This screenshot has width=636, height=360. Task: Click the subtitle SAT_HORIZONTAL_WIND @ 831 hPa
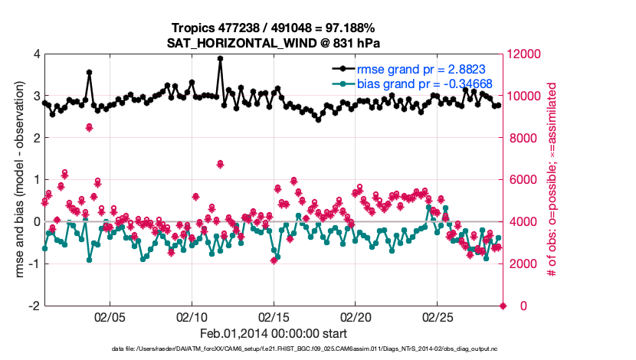[274, 43]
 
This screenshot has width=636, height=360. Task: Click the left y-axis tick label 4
[36, 54]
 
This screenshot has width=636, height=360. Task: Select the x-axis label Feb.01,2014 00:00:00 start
[274, 334]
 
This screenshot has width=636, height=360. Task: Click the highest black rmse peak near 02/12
[220, 58]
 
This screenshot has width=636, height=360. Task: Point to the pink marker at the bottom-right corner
[503, 306]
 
